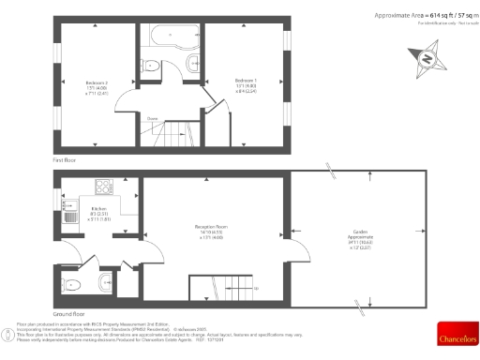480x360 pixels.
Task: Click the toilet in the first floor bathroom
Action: click(x=190, y=64)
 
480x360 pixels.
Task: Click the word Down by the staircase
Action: click(x=152, y=118)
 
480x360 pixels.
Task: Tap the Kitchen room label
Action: click(x=98, y=213)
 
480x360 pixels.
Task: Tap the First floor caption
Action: click(x=63, y=161)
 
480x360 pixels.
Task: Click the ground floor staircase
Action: click(x=222, y=287)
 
